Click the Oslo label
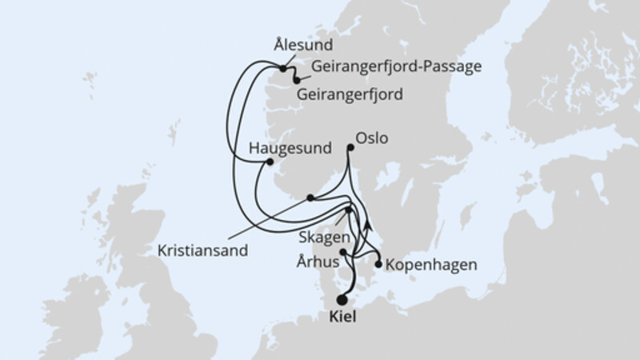tap(371, 138)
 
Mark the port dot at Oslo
tap(350, 148)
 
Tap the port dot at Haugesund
tap(269, 162)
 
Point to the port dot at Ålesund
tap(284, 69)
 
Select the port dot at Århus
tap(343, 253)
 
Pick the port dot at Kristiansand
tap(310, 198)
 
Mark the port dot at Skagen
tap(348, 210)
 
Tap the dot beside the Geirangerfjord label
tap(297, 80)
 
